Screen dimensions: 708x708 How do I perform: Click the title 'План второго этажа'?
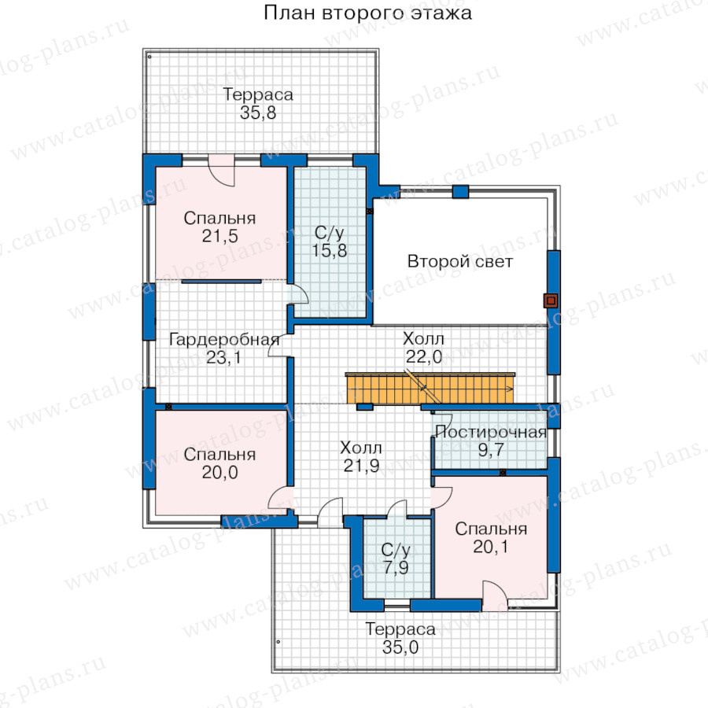367,13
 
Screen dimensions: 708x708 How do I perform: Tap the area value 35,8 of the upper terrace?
258,112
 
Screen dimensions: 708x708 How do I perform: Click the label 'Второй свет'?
459,261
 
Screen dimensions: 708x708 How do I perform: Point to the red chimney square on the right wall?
551,301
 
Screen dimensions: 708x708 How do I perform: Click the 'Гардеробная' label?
224,339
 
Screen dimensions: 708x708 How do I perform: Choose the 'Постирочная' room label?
491,432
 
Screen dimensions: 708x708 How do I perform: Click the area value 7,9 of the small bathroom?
396,567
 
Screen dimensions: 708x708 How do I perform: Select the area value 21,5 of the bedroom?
220,236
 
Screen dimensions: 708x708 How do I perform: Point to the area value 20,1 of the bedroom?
491,547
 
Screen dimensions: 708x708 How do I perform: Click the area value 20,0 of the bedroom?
220,472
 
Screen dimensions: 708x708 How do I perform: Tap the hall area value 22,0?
423,356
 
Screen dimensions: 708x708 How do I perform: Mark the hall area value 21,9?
361,466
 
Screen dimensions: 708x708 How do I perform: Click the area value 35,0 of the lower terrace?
400,647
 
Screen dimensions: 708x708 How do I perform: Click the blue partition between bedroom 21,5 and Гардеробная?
221,282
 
